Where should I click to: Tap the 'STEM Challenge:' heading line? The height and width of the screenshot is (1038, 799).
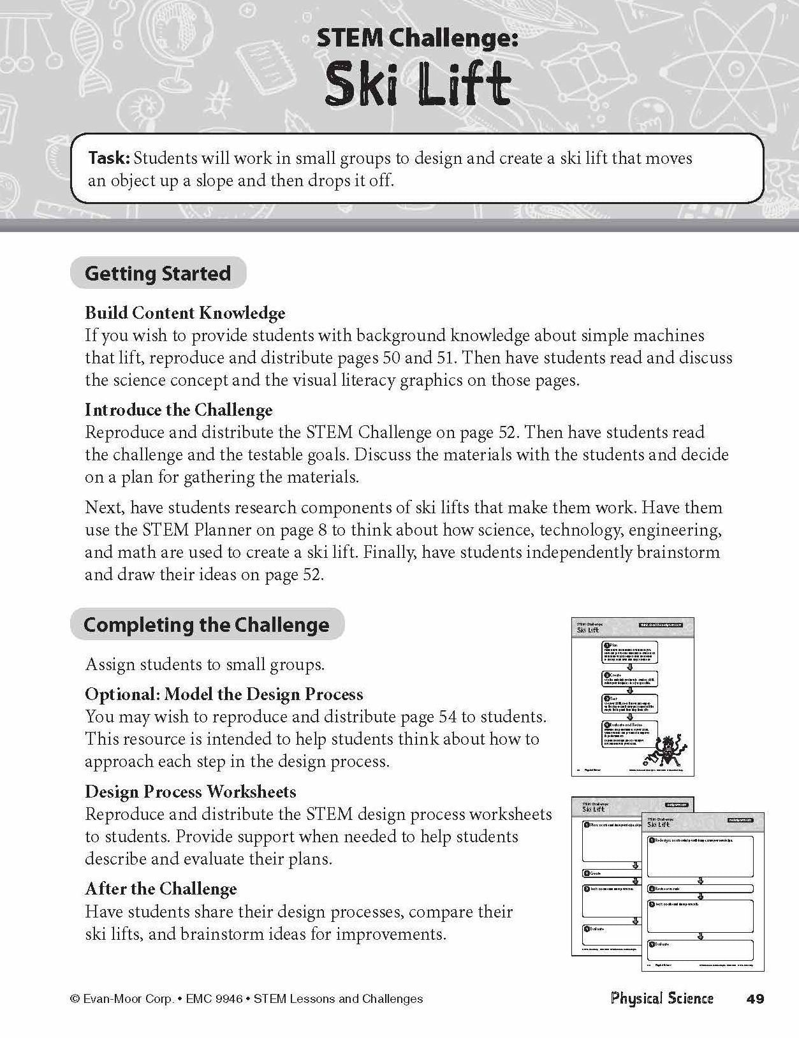(x=418, y=40)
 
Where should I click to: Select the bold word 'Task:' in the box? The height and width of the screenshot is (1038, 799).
(x=109, y=158)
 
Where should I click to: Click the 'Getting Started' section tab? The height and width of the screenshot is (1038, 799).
(x=158, y=274)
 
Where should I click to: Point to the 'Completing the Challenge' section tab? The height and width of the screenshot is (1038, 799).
(x=207, y=624)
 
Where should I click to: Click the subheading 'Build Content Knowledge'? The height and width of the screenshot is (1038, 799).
(x=185, y=313)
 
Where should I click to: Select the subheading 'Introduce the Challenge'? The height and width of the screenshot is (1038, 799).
(x=179, y=410)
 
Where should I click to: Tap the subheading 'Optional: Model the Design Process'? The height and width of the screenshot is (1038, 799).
(x=224, y=694)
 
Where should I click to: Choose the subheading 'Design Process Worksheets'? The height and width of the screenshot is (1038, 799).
(x=191, y=792)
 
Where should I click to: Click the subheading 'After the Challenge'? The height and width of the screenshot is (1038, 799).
(x=161, y=889)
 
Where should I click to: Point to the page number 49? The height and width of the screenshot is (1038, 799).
(x=754, y=999)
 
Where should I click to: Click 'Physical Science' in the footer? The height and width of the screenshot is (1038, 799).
(x=661, y=998)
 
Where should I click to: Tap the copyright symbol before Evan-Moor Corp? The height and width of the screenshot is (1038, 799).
(x=75, y=999)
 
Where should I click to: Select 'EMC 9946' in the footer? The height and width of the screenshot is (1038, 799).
(x=214, y=999)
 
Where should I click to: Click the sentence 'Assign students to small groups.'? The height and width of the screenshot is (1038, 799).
(x=205, y=664)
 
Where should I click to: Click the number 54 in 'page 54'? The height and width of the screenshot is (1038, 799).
(x=448, y=717)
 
